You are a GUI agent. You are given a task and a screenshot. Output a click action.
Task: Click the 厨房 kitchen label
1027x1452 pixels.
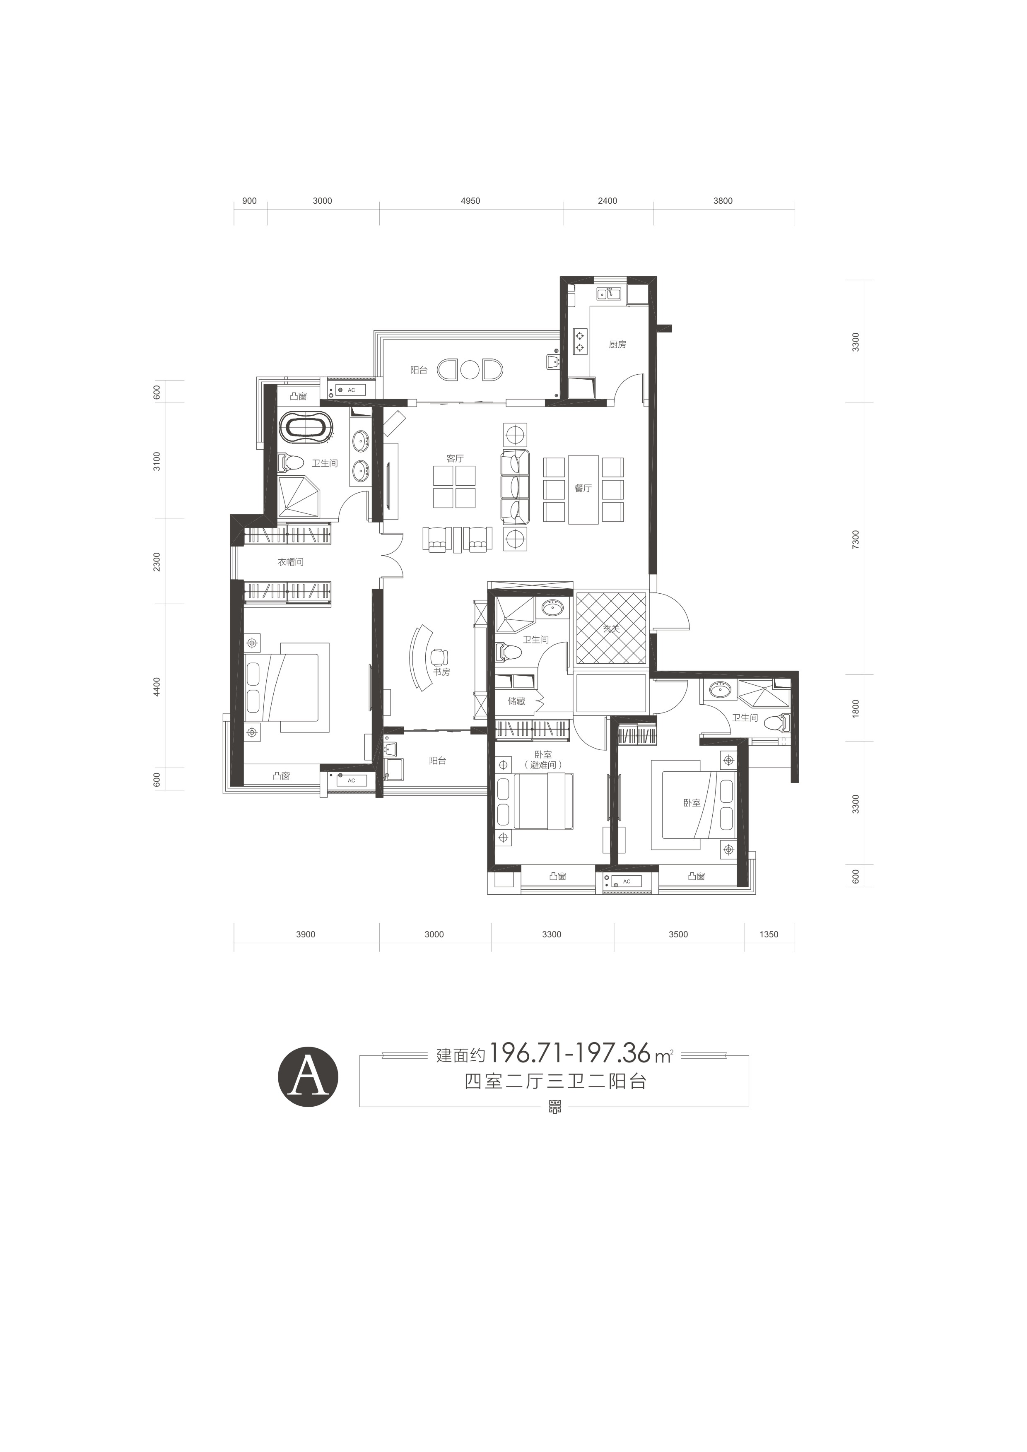(x=617, y=344)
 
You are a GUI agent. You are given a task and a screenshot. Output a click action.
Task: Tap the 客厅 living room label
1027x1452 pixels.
(x=455, y=458)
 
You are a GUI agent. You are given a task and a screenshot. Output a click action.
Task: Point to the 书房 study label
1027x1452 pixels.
(x=441, y=672)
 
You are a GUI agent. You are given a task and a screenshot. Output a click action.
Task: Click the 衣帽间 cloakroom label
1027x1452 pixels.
(x=291, y=561)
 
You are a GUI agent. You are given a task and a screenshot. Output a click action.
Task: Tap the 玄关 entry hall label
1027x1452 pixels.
(x=611, y=629)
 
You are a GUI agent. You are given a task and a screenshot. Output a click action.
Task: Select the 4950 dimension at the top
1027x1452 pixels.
(x=470, y=201)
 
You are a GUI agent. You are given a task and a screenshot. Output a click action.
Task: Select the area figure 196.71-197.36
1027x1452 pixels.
(x=570, y=1054)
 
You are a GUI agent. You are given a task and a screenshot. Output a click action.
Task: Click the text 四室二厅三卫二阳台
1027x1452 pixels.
(x=555, y=1082)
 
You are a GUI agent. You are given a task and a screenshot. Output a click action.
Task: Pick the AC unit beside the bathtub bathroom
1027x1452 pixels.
(x=351, y=390)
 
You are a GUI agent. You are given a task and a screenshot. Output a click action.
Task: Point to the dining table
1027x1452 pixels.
(x=583, y=489)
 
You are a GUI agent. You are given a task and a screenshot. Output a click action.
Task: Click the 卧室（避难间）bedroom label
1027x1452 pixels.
(x=542, y=759)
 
